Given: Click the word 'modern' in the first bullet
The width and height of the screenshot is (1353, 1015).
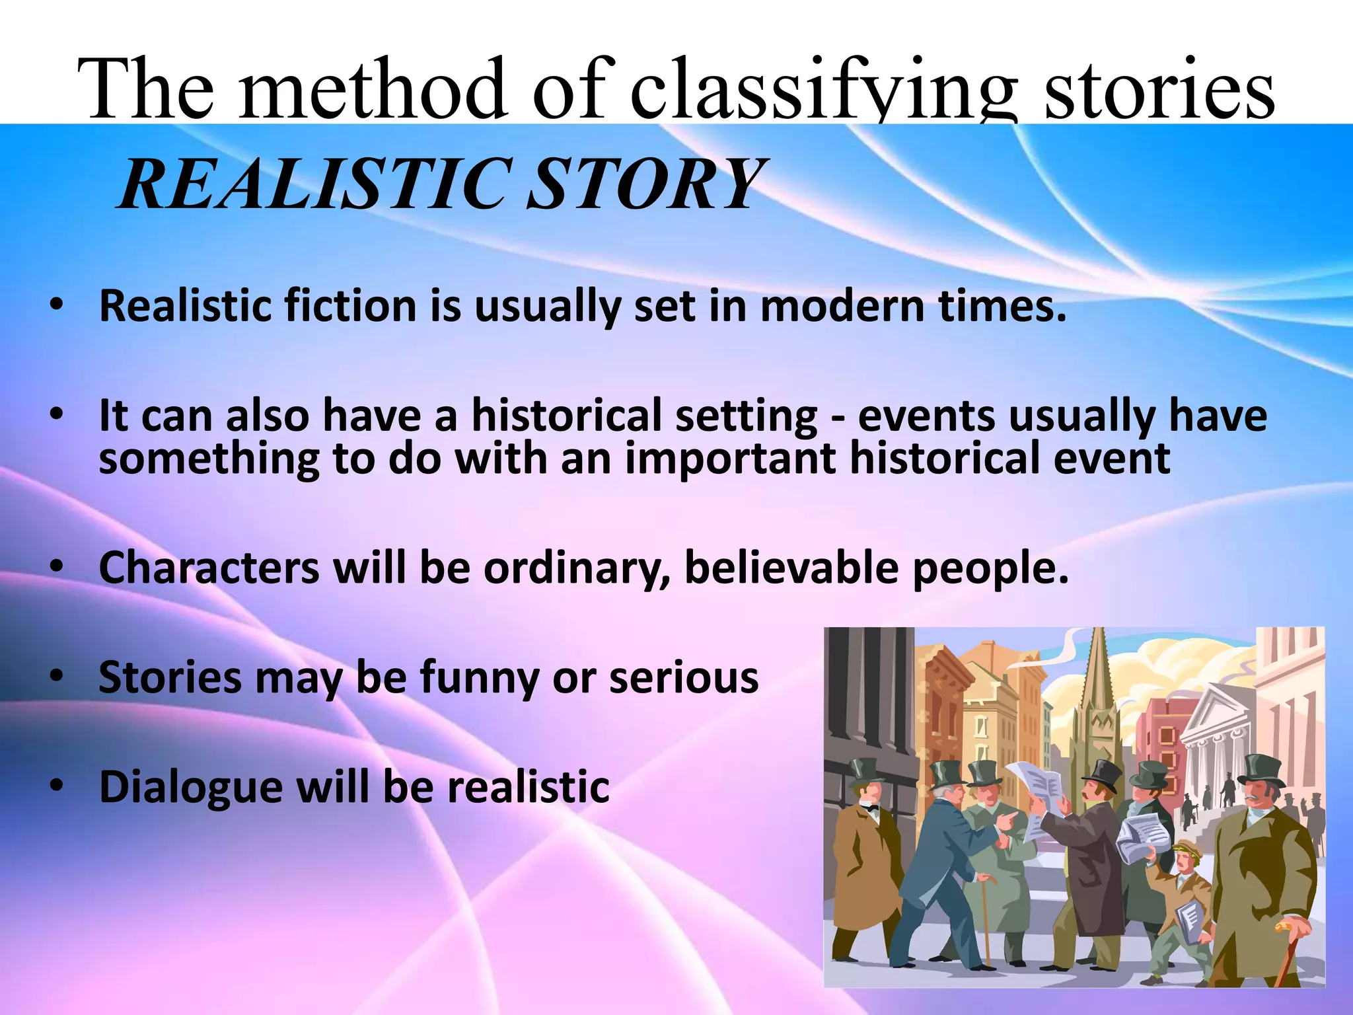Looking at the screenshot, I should point(843,307).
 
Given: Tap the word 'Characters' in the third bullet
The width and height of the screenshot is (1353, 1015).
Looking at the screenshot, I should point(209,568).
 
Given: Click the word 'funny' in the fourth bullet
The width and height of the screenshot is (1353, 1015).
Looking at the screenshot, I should point(480,678).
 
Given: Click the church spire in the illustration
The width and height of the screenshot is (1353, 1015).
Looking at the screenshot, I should point(1097,667).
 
